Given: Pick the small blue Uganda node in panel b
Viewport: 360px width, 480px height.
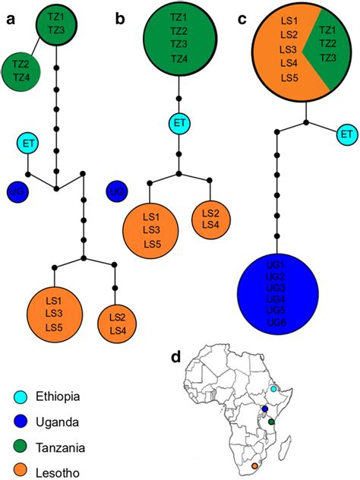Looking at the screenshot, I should (x=116, y=191).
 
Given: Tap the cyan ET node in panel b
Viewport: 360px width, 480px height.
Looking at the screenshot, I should (x=178, y=122).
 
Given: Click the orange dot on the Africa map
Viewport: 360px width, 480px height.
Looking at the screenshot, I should (x=255, y=466).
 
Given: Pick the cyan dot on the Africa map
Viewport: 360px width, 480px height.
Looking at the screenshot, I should (x=273, y=389).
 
